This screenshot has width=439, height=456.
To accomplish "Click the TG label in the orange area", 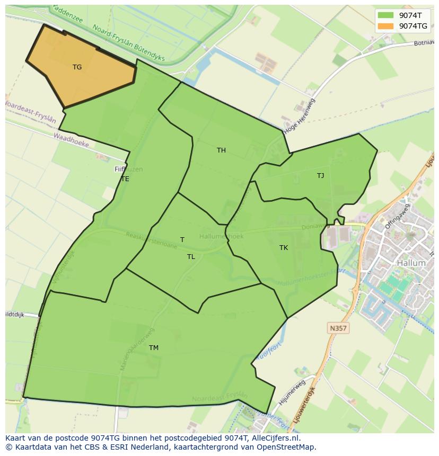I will (77, 67).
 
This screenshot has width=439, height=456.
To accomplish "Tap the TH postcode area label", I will (221, 150).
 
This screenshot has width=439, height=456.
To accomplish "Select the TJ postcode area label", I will (320, 176).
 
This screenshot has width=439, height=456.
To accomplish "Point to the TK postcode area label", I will (284, 248).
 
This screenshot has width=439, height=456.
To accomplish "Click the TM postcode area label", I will (153, 348).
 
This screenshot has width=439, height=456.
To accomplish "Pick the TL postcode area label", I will (191, 257).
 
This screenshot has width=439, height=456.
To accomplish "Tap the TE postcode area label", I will (125, 179).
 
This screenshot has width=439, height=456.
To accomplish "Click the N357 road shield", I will (338, 328).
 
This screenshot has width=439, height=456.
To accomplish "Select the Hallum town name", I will (411, 263).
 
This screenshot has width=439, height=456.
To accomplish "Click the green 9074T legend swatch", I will (385, 15).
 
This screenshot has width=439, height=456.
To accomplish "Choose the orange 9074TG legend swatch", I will (385, 26).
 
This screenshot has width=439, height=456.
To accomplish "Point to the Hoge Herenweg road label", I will (300, 116).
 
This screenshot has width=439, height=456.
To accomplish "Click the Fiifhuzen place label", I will (129, 169).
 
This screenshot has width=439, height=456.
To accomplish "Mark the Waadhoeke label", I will (71, 140).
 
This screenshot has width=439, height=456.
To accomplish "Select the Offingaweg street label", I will (398, 217).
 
